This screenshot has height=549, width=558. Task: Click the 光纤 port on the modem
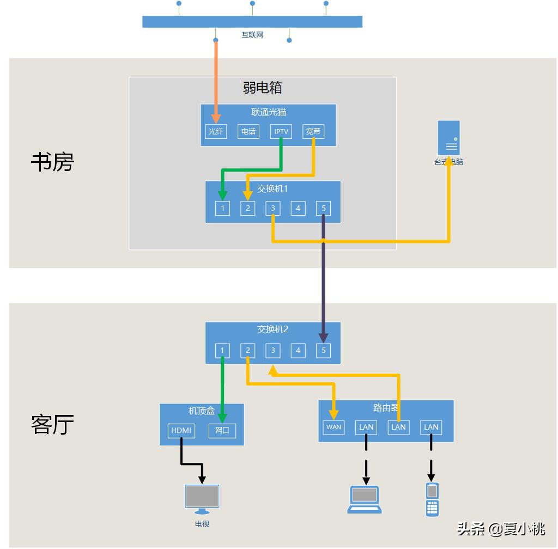[216, 131]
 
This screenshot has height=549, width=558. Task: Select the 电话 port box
[248, 131]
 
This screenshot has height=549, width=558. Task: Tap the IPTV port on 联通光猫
[281, 131]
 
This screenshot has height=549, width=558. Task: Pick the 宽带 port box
[313, 131]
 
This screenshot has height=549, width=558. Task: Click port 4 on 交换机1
[298, 208]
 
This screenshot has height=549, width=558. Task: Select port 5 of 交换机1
[323, 208]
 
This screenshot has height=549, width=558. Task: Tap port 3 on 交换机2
[273, 350]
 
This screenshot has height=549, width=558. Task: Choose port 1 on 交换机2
[222, 350]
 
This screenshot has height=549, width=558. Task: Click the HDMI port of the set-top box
[181, 430]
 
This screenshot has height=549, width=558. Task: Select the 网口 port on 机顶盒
[222, 430]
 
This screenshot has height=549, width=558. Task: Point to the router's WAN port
[333, 427]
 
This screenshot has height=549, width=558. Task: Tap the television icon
[202, 499]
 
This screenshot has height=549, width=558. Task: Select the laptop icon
[365, 500]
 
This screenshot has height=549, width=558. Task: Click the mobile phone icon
[432, 499]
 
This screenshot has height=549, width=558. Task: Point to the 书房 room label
[52, 162]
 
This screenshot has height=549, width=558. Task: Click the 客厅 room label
[52, 424]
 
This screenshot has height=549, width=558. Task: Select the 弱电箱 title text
[262, 87]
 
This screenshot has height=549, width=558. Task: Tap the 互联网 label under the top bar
[252, 35]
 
